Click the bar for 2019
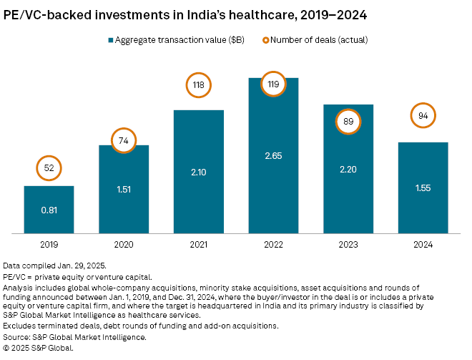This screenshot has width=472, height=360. coord(49,209)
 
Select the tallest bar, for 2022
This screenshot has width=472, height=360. coord(273,155)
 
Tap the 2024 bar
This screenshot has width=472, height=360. coord(423,188)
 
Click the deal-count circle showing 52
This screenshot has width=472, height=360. coord(49,167)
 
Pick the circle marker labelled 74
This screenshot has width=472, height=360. coord(124,142)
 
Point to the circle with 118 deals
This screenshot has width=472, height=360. coord(198,85)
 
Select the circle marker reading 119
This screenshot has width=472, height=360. coord(273,83)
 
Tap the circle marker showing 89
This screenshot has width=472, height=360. coord(348,122)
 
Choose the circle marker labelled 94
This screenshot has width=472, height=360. coord(423,116)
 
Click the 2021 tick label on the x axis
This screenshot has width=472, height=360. coord(198,245)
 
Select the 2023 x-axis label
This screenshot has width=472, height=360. coord(348,245)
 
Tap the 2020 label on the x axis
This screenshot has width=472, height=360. coord(124,245)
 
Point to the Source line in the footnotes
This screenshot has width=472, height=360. coord(74,336)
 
